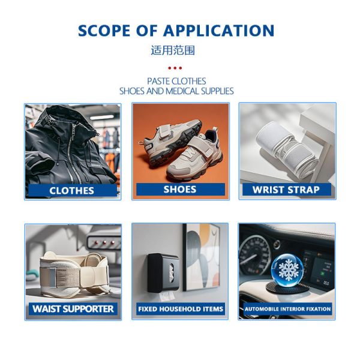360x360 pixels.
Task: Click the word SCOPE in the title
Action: [x=104, y=31]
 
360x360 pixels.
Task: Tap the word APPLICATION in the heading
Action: [x=219, y=31]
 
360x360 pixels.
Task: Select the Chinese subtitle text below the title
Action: [x=173, y=50]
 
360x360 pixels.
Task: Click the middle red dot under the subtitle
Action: [x=175, y=68]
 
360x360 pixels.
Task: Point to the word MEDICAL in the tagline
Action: [x=182, y=91]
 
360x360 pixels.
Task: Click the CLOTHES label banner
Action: [x=73, y=191]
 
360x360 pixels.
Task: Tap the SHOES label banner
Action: [x=181, y=190]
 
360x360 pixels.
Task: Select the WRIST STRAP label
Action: [x=287, y=190]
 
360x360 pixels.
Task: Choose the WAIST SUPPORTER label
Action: [x=73, y=309]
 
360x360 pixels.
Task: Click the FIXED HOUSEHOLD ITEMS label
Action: [x=181, y=309]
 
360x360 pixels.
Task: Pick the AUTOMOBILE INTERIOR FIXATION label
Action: [x=287, y=309]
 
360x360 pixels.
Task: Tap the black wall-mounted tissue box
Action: [x=163, y=272]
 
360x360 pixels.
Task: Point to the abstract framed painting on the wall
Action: [x=202, y=257]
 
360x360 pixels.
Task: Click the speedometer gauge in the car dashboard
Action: [x=254, y=255]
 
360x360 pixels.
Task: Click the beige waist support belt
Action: [x=74, y=275]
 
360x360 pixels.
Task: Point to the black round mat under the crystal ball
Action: [x=287, y=288]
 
